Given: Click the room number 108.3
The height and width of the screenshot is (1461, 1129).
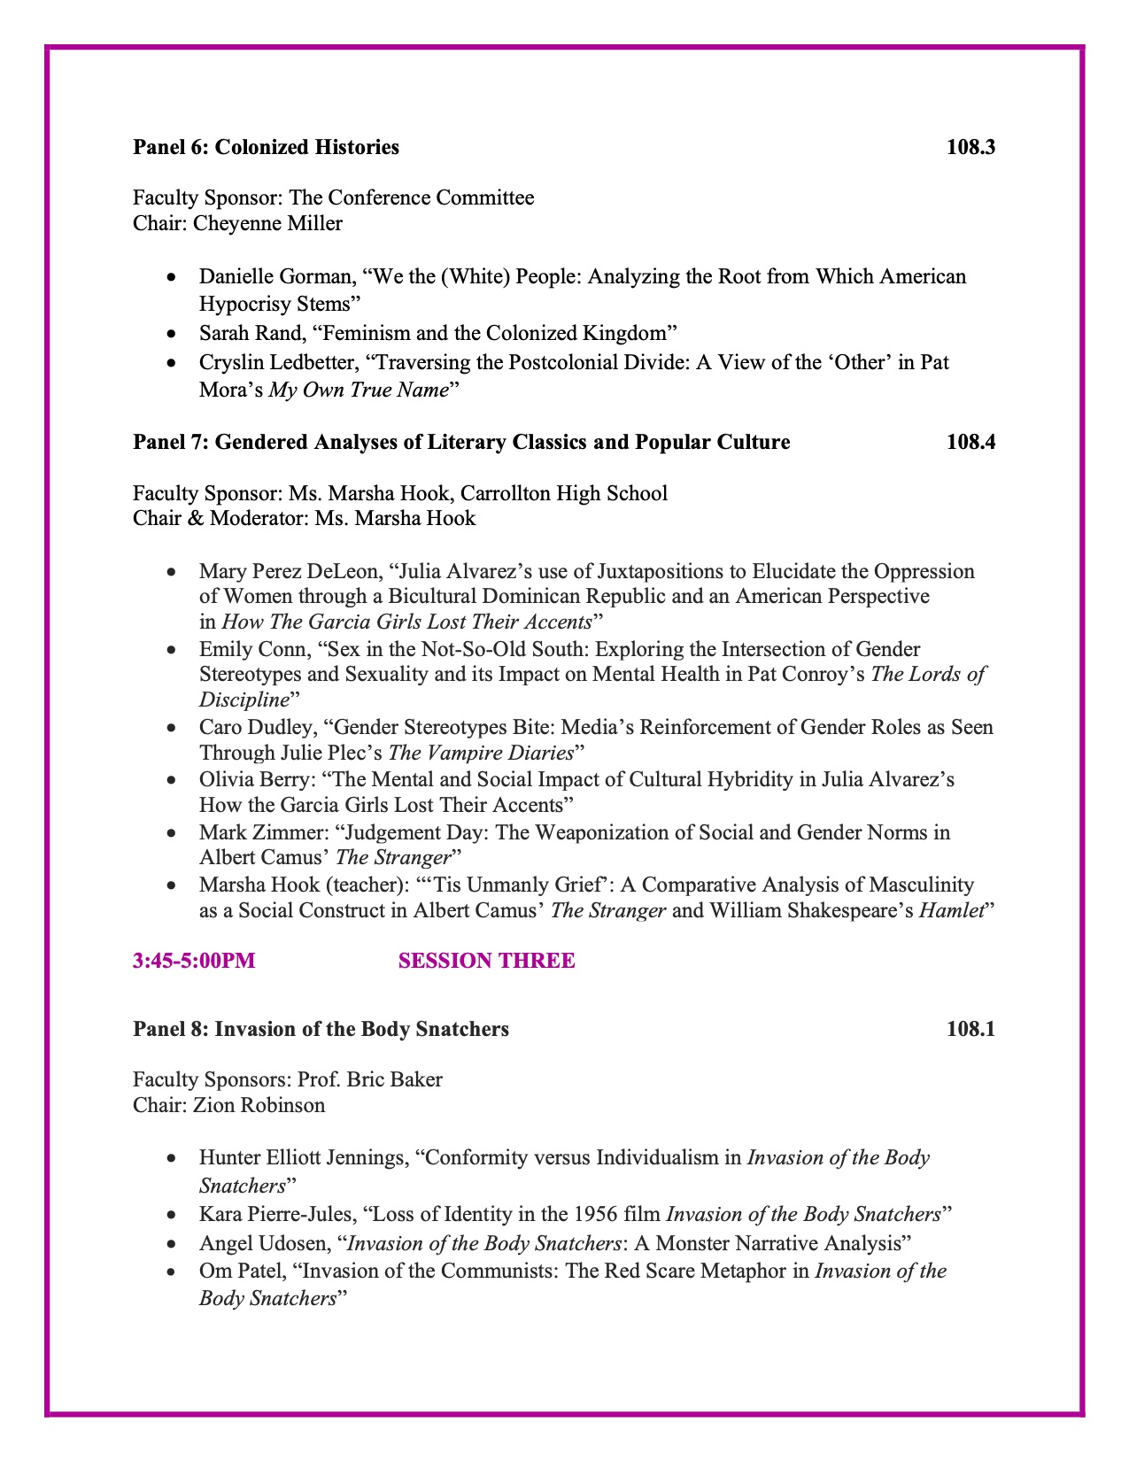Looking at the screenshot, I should click(970, 147).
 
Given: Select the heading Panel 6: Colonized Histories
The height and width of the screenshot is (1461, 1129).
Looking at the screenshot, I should click(266, 147).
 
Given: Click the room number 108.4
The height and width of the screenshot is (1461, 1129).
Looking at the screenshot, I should click(970, 442).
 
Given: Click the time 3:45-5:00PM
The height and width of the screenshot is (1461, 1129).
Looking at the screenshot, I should click(194, 962).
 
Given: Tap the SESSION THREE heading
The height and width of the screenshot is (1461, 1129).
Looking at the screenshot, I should click(486, 962).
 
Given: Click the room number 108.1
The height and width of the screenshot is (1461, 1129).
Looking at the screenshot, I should click(970, 1029).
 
